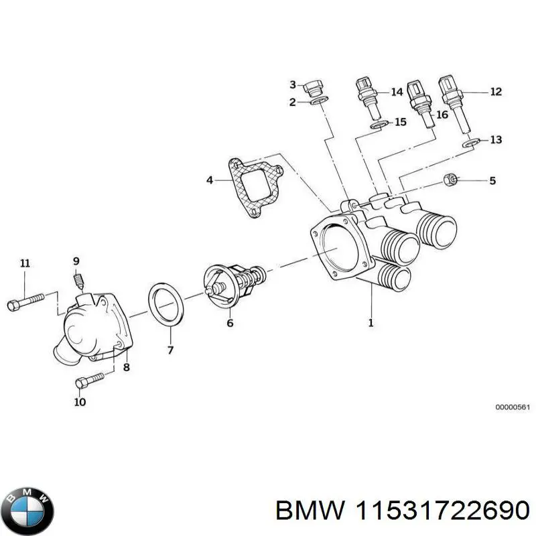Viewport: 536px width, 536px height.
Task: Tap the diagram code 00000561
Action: point(513,407)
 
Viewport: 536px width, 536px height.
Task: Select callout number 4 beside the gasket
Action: point(209,180)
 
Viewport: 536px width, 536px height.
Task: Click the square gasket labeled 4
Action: point(255,188)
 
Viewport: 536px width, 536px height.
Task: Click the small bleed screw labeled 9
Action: point(78,280)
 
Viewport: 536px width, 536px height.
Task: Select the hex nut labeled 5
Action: point(450,180)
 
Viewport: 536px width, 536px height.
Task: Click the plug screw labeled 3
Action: point(315,86)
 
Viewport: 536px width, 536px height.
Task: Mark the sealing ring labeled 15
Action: point(380,125)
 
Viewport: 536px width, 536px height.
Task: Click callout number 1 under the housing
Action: point(370,322)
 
